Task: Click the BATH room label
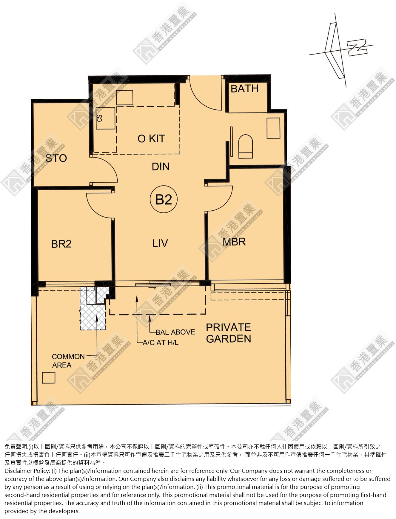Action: [244, 88]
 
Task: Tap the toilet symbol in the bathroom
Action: [246, 146]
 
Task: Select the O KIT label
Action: [151, 139]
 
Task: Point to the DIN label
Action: [161, 167]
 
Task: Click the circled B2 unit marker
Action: [164, 199]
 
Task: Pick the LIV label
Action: [160, 243]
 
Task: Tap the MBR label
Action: [234, 242]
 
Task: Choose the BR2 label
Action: [61, 244]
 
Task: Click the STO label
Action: [56, 158]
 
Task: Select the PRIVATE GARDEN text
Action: [229, 333]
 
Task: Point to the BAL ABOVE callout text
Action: [175, 332]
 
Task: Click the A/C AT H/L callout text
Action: [161, 343]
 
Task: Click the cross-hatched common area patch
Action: [93, 316]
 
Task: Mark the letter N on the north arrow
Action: [357, 47]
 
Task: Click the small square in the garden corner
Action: [49, 378]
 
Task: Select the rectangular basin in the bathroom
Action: [273, 128]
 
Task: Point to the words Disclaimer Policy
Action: [27, 471]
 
